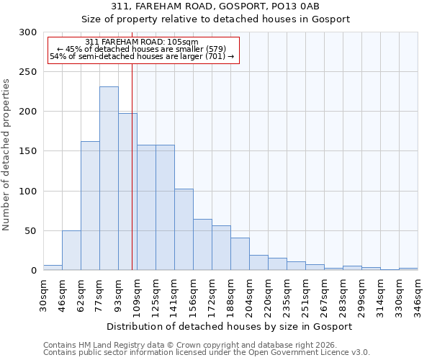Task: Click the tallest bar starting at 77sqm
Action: (109, 179)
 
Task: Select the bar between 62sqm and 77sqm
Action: (90, 206)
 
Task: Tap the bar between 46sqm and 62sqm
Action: (71, 251)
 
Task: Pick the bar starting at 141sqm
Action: (184, 230)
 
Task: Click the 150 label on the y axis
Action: (28, 151)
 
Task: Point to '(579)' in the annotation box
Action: (215, 49)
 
